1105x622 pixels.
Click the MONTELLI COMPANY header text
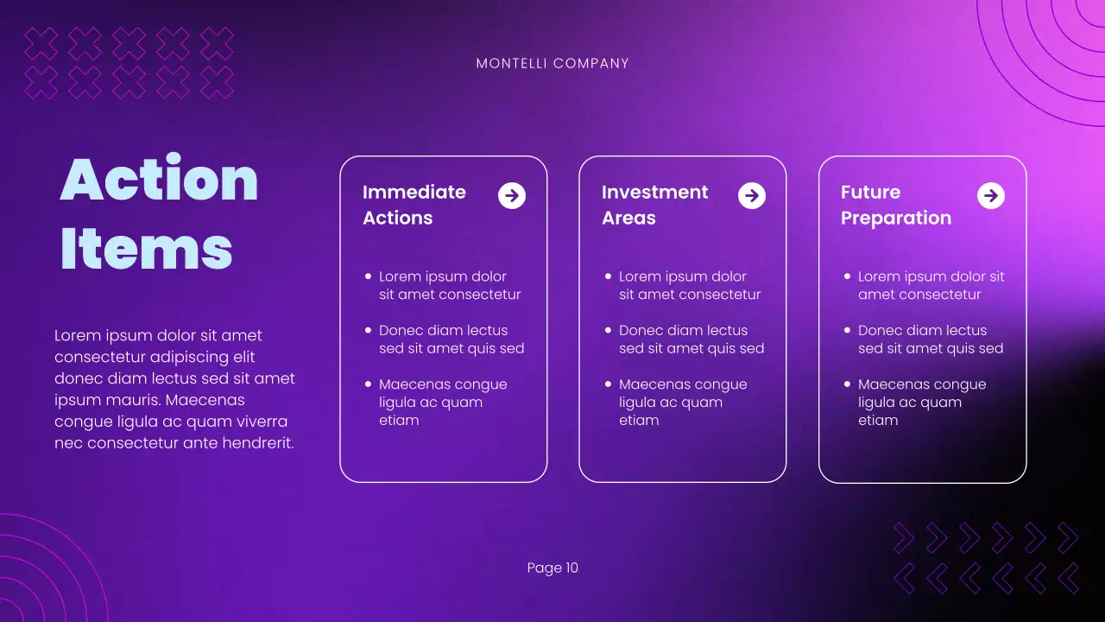click(x=552, y=63)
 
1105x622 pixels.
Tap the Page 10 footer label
click(x=552, y=568)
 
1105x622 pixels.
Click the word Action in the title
click(x=160, y=179)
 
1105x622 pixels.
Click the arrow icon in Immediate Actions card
click(x=512, y=196)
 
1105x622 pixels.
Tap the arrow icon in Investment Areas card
click(x=752, y=196)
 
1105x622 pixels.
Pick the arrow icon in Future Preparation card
click(x=991, y=196)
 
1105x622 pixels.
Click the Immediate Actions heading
click(x=414, y=205)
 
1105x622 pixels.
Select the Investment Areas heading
click(x=654, y=205)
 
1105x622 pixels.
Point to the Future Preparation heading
click(x=895, y=205)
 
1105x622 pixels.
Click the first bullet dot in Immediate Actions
click(x=368, y=276)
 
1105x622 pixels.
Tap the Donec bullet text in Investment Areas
click(x=691, y=340)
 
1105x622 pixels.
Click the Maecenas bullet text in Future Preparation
click(x=921, y=402)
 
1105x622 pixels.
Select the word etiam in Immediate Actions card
click(x=399, y=421)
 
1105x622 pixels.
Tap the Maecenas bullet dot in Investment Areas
click(x=608, y=384)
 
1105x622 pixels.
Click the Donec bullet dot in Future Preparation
click(x=847, y=330)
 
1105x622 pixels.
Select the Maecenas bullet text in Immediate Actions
click(x=442, y=402)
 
